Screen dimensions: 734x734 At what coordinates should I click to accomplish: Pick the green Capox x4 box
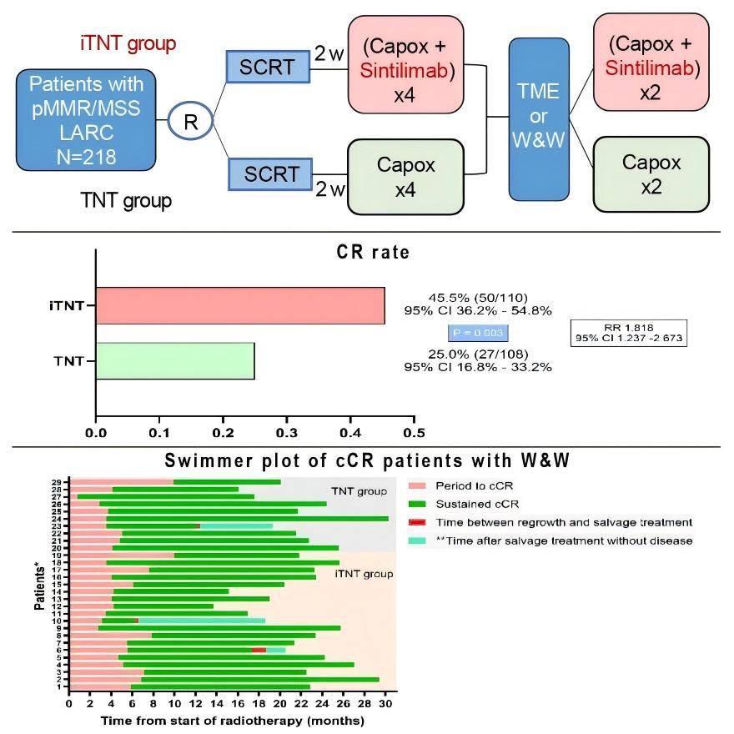(405, 177)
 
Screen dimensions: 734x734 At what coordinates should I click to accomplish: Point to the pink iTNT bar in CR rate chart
(240, 305)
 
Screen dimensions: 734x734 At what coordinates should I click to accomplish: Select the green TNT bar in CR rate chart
(175, 360)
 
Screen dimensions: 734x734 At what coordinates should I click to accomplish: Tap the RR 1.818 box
(629, 333)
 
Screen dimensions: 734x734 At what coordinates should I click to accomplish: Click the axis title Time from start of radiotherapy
(233, 719)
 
